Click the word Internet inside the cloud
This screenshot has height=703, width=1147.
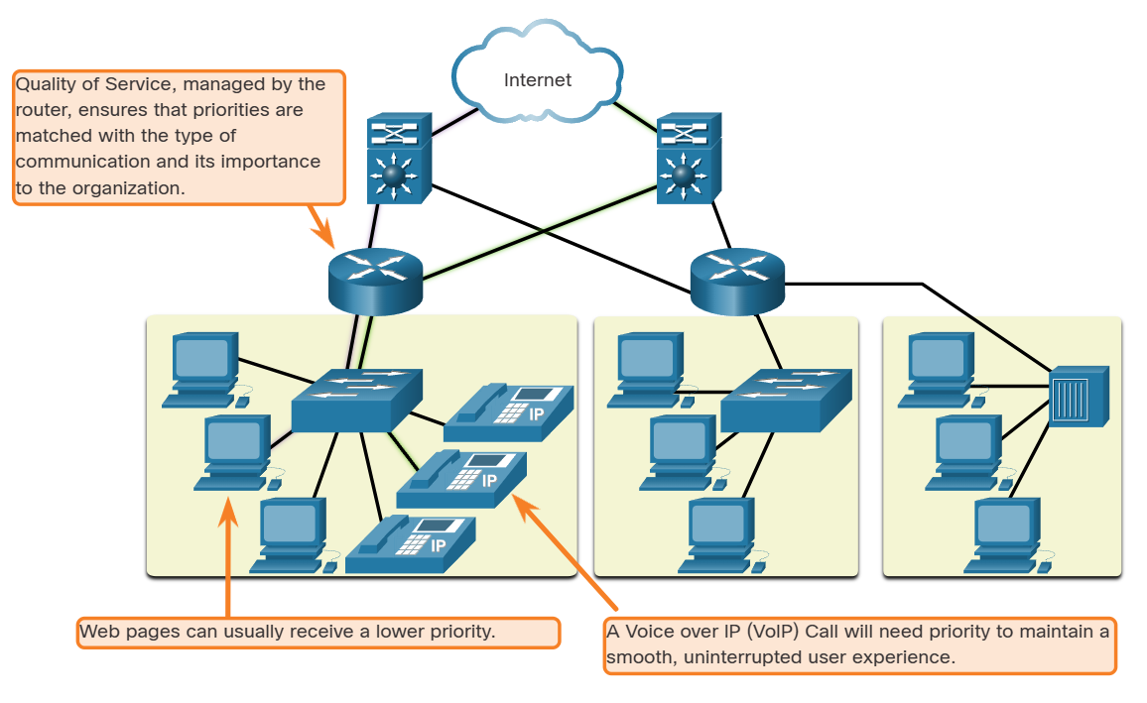click(x=538, y=80)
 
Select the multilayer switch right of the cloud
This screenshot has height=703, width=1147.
click(x=689, y=158)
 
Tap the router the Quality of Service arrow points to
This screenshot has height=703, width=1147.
click(x=375, y=280)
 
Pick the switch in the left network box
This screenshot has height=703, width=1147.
click(x=357, y=399)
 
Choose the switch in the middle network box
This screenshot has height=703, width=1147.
click(x=786, y=399)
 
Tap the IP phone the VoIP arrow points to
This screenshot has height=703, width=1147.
click(x=462, y=479)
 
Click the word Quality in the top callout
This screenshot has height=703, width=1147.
click(x=43, y=84)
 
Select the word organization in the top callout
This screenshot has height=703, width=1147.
click(x=131, y=186)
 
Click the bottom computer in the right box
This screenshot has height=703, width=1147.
click(x=1005, y=534)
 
